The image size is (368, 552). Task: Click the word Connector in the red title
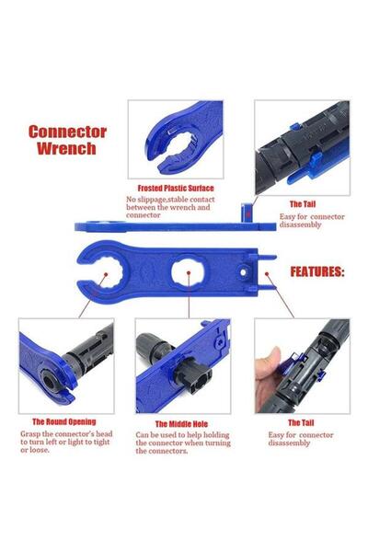(67, 132)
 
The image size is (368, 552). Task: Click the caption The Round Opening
(64, 420)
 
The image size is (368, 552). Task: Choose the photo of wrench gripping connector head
(65, 365)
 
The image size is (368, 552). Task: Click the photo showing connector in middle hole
(182, 365)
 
